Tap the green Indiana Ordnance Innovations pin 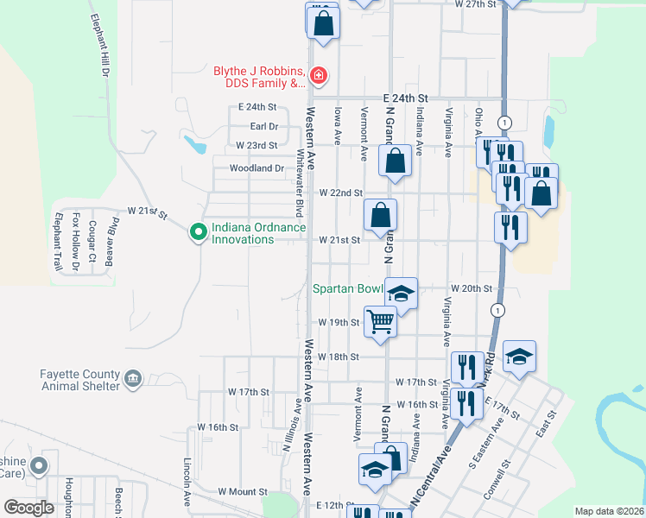pos(198,231)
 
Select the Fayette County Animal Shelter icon pos(133,378)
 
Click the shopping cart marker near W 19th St pos(380,321)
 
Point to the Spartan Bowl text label pos(347,290)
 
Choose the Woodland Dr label pos(256,168)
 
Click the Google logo pos(29,508)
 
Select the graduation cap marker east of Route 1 pos(519,357)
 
